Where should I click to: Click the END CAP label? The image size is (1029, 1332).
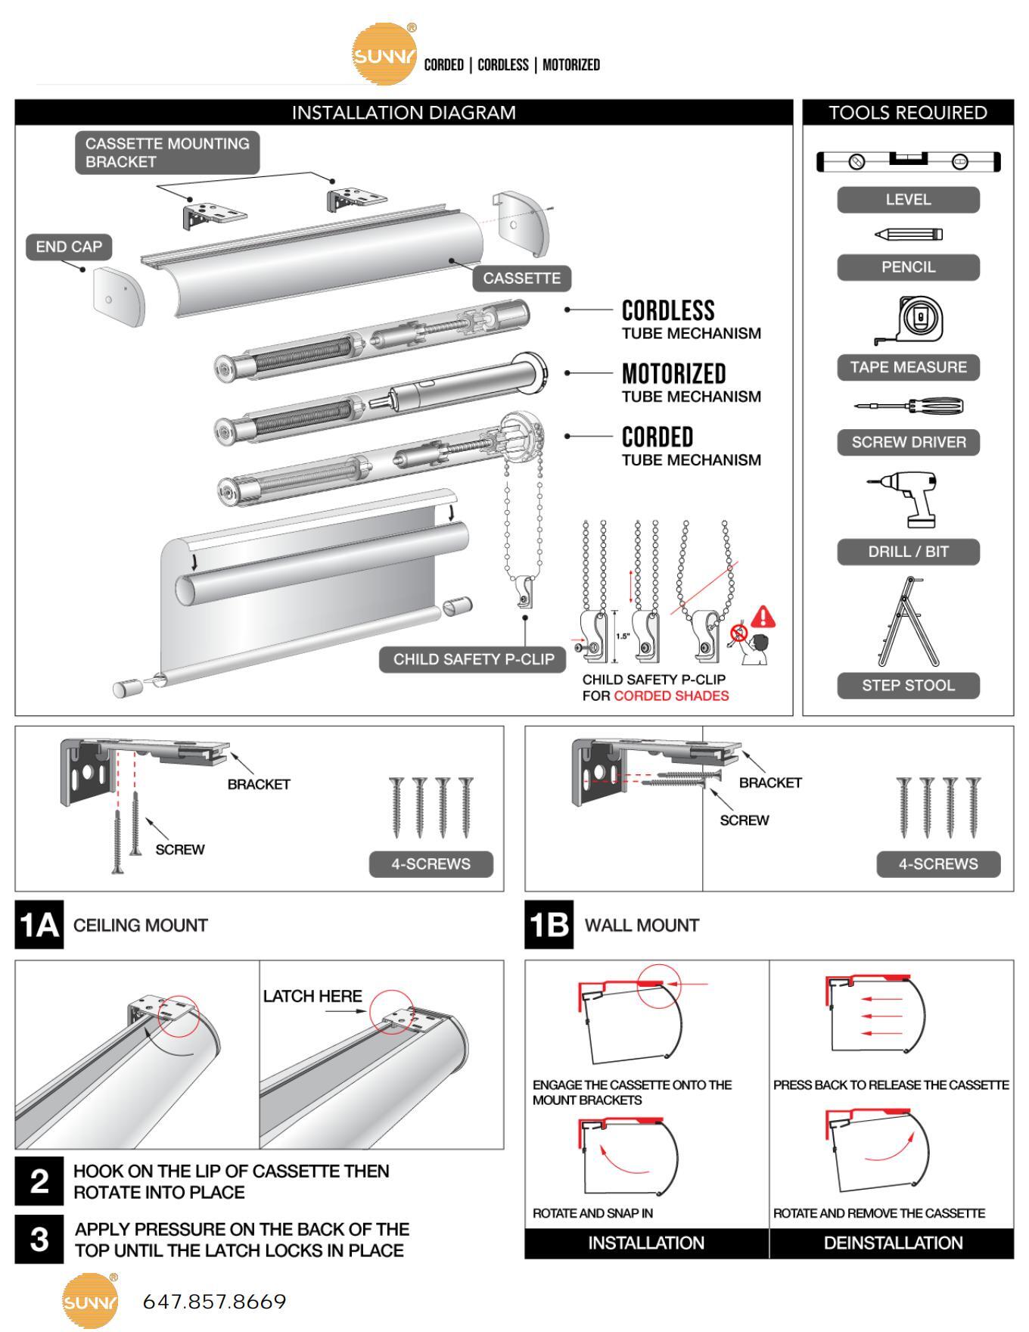(69, 247)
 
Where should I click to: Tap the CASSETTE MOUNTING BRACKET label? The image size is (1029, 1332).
(167, 152)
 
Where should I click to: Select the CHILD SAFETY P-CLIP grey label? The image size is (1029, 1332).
(473, 658)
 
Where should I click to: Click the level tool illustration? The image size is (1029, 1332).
(908, 161)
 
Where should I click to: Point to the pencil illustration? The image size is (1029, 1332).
(909, 235)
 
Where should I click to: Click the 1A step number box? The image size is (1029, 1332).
(39, 925)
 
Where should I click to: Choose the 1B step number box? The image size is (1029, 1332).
(549, 925)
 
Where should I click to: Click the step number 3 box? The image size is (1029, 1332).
(39, 1240)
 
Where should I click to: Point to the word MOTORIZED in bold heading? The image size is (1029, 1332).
(673, 374)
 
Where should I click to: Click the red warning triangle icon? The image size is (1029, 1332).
(763, 617)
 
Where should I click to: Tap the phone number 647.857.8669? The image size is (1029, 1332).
(214, 1302)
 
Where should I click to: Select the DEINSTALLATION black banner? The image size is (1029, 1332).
(893, 1243)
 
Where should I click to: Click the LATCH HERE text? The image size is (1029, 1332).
(312, 996)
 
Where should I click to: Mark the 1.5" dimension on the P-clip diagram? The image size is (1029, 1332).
(623, 636)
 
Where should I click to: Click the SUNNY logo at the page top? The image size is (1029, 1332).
(384, 54)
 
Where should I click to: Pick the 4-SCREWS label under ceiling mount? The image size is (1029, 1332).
(431, 864)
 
